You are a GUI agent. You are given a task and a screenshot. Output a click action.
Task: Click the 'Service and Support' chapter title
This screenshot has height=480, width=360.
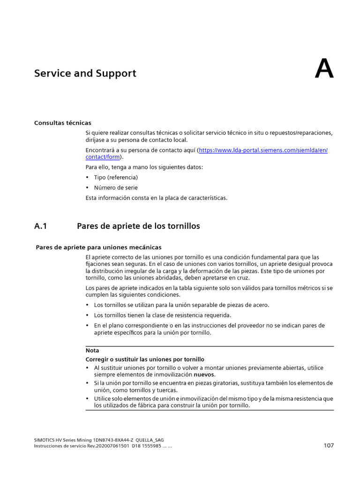85,74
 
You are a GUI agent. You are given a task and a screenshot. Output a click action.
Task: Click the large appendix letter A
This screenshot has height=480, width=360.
324,69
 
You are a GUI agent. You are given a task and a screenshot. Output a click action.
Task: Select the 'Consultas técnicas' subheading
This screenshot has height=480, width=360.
63,123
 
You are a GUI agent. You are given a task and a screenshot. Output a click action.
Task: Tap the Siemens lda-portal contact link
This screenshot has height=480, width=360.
263,150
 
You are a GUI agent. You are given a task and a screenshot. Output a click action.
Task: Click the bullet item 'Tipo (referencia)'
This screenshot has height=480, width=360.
116,178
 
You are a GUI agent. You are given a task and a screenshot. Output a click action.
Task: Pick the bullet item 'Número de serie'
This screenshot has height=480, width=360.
116,187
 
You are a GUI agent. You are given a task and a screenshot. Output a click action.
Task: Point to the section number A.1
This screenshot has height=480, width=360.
41,226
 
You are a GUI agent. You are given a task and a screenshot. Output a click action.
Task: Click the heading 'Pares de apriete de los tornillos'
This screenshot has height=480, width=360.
138,226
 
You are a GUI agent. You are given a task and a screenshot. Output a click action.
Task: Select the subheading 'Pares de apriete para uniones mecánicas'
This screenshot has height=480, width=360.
98,247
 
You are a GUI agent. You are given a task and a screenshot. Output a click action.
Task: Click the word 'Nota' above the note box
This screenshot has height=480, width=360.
92,350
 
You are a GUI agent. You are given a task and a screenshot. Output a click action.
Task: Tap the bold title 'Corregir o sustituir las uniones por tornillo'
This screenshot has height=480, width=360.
145,359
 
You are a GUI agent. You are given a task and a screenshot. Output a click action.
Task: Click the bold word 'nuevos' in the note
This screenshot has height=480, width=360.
204,375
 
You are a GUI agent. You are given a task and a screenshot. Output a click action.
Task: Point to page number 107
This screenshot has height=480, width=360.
328,445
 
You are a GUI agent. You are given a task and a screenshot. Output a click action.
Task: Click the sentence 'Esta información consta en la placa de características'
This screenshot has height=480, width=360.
156,198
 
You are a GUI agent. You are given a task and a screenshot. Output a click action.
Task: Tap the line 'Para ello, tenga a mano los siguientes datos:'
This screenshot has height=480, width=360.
144,167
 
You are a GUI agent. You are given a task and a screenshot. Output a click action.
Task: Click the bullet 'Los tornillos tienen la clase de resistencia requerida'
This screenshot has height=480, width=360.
163,315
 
